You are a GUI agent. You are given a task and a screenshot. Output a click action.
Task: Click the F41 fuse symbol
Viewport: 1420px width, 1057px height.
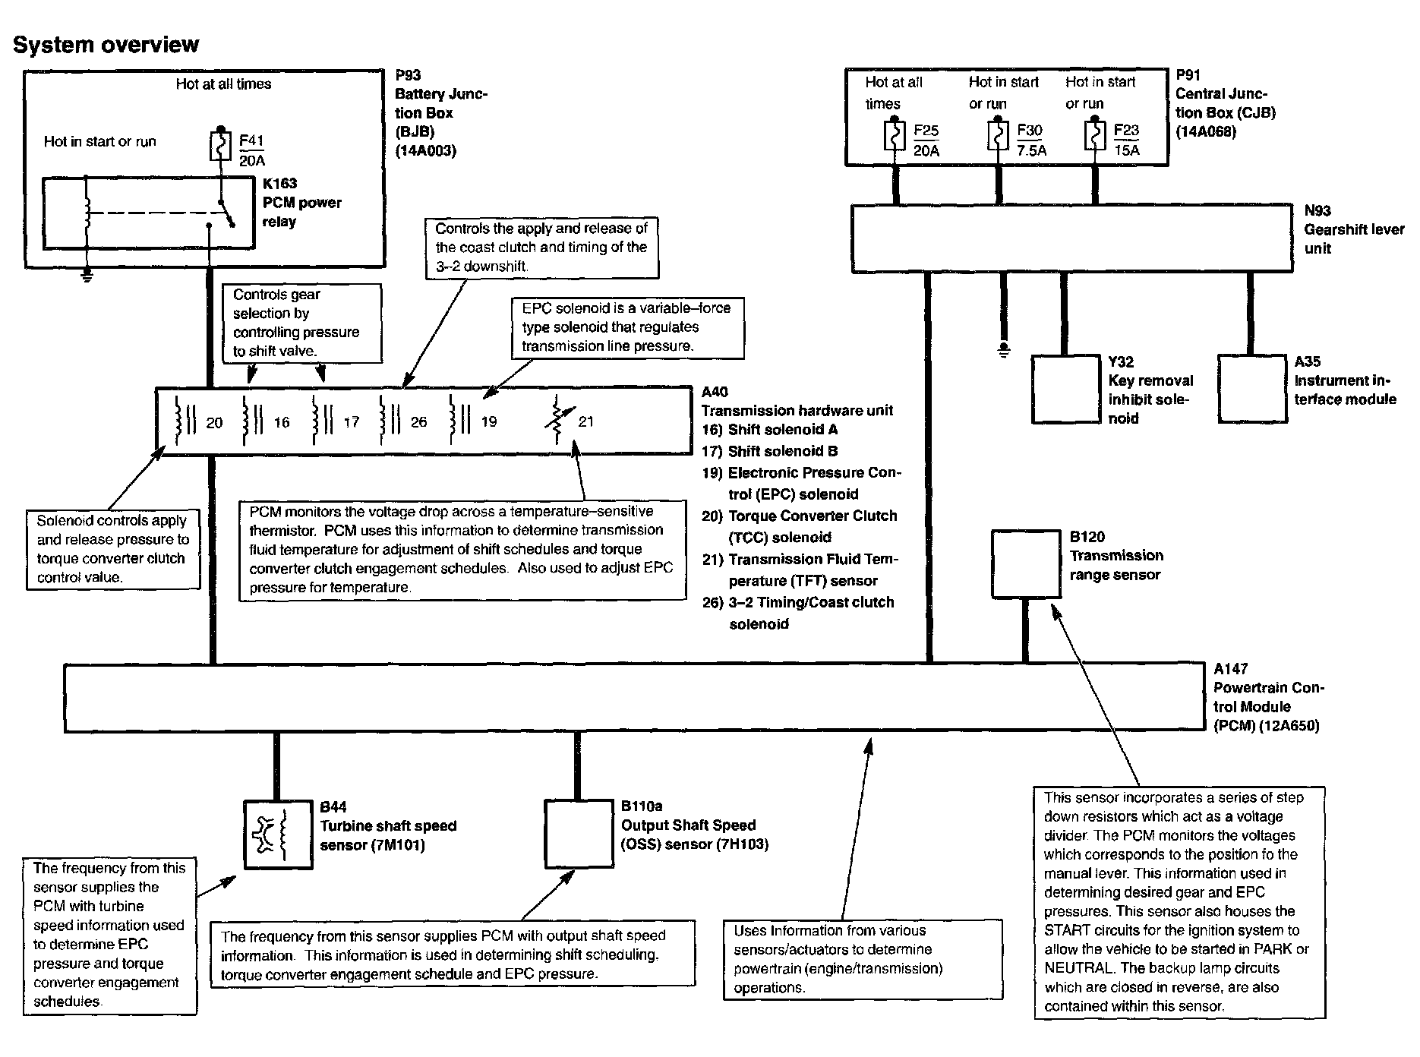[219, 146]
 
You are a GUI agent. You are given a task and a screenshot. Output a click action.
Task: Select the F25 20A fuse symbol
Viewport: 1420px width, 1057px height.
[895, 137]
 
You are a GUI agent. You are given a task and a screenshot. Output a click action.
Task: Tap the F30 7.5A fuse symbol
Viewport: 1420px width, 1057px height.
[999, 137]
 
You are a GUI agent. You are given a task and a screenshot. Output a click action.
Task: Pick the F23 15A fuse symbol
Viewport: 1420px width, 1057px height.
[1095, 137]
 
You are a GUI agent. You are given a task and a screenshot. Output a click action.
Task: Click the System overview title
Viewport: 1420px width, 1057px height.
[106, 45]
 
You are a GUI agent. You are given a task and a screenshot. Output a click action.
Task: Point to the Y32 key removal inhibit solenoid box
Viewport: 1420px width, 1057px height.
[1066, 389]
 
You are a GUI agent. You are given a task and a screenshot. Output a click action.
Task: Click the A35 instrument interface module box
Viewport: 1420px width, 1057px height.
[1252, 388]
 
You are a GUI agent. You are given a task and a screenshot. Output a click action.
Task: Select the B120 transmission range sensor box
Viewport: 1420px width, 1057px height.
[1026, 563]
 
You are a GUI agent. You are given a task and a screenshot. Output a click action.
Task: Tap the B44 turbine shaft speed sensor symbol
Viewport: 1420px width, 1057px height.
[277, 835]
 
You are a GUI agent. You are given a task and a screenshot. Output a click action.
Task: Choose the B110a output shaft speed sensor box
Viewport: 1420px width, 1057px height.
[578, 834]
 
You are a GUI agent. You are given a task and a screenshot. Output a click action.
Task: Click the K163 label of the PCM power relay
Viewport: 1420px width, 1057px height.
[279, 184]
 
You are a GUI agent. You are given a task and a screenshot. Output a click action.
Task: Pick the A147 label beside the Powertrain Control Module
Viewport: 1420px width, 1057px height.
[1230, 669]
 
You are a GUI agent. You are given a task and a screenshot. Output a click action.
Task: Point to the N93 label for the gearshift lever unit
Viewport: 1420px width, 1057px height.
[1317, 211]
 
